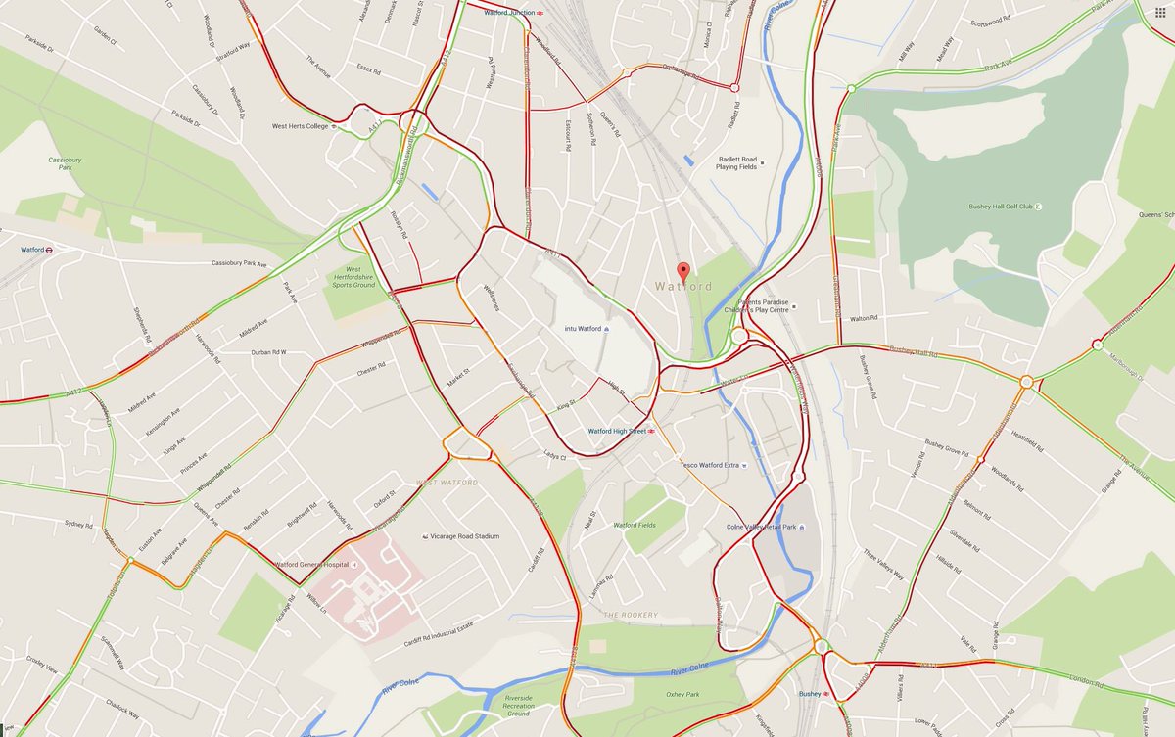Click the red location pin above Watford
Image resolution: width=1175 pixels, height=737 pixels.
click(x=683, y=271)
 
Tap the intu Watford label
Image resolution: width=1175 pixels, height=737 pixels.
click(x=584, y=328)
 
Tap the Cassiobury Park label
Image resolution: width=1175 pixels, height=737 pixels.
click(x=65, y=163)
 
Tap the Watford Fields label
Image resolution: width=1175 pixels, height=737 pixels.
click(x=634, y=526)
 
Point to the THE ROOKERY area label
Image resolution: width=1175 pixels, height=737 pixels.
click(x=631, y=615)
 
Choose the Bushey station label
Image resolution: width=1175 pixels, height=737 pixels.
click(x=809, y=694)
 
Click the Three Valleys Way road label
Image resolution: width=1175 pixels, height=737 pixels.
click(x=884, y=563)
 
